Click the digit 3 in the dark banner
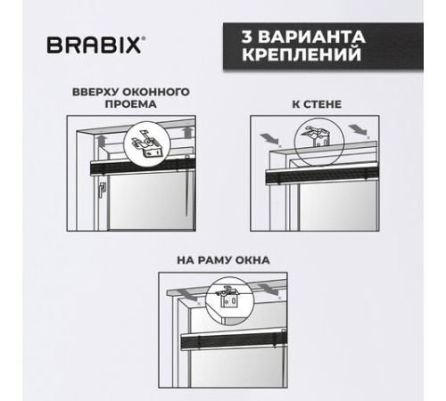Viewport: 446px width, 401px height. pos(247,37)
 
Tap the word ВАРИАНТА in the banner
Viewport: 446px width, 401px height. pos(311,37)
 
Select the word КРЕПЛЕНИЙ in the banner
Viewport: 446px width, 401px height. pos(301,54)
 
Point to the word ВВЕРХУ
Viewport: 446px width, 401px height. pos(95,92)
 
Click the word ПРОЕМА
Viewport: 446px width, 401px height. pos(131,104)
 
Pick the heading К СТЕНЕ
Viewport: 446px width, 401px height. pos(317,104)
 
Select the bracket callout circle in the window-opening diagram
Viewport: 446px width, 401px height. pos(147,144)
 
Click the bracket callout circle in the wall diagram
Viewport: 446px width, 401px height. pos(319,141)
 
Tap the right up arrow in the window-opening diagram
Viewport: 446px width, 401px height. pos(186,132)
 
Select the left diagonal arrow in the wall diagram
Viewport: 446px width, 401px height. pos(269,138)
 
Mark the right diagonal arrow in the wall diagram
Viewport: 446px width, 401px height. pos(357,130)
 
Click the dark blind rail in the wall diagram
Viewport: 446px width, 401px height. pos(322,176)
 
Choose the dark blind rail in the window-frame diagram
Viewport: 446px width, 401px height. pos(234,341)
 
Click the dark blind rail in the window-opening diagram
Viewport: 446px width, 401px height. pos(143,168)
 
